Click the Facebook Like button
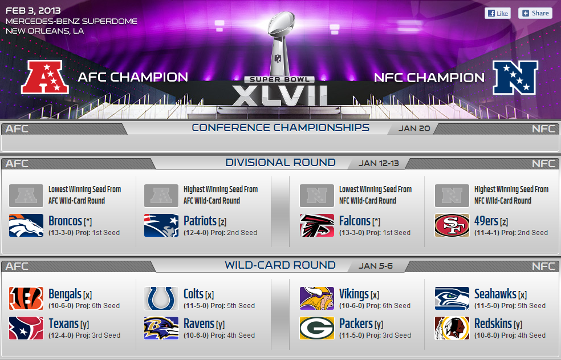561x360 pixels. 497,13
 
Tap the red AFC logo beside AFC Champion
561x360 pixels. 44,77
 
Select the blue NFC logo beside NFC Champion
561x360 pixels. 515,77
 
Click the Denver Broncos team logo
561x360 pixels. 26,225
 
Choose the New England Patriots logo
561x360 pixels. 161,225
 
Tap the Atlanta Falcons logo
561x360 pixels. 317,225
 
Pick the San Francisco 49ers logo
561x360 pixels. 452,225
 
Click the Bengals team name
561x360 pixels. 65,294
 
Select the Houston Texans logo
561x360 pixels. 26,328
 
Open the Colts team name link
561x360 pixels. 193,294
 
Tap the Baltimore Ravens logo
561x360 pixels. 161,328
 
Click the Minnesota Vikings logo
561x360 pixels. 317,298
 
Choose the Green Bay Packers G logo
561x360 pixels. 317,328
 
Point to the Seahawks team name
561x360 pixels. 495,294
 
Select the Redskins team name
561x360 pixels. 493,324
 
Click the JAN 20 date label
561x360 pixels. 414,128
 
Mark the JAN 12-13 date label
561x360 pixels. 379,163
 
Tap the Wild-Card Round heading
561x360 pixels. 280,265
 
